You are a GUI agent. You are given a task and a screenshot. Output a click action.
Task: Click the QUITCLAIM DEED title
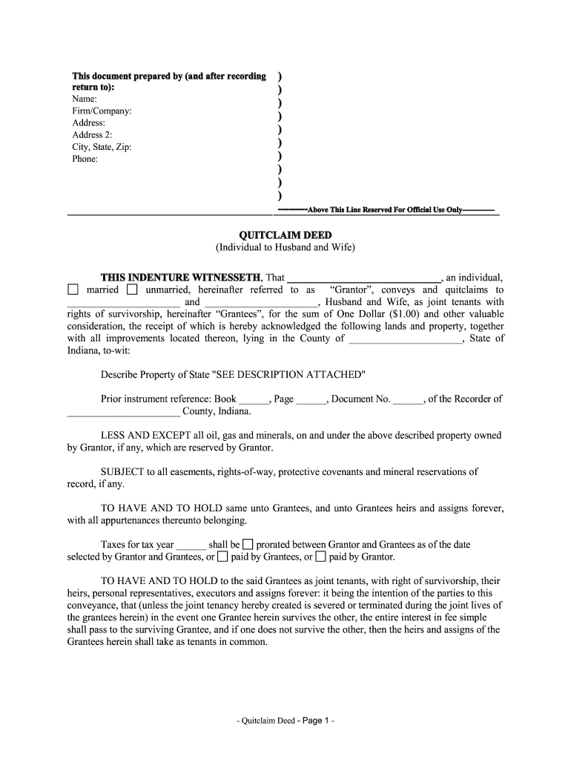285,235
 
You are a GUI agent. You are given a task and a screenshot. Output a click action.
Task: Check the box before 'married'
73,289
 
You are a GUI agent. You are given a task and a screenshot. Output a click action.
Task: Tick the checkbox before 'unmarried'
131,289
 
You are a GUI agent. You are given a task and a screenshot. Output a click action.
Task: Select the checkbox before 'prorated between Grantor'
248,544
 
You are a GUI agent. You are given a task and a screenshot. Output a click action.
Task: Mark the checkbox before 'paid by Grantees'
222,557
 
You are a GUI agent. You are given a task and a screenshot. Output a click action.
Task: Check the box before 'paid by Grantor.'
320,557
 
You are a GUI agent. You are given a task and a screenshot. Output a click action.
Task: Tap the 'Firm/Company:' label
102,111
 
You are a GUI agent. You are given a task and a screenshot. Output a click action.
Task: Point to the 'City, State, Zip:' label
102,147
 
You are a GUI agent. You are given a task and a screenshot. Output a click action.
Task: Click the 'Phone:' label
85,159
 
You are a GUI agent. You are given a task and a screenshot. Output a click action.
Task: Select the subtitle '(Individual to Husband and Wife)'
285,247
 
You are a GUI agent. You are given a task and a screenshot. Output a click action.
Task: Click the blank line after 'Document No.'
408,399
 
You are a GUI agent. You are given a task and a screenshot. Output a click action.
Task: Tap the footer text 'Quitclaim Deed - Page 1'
285,721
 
